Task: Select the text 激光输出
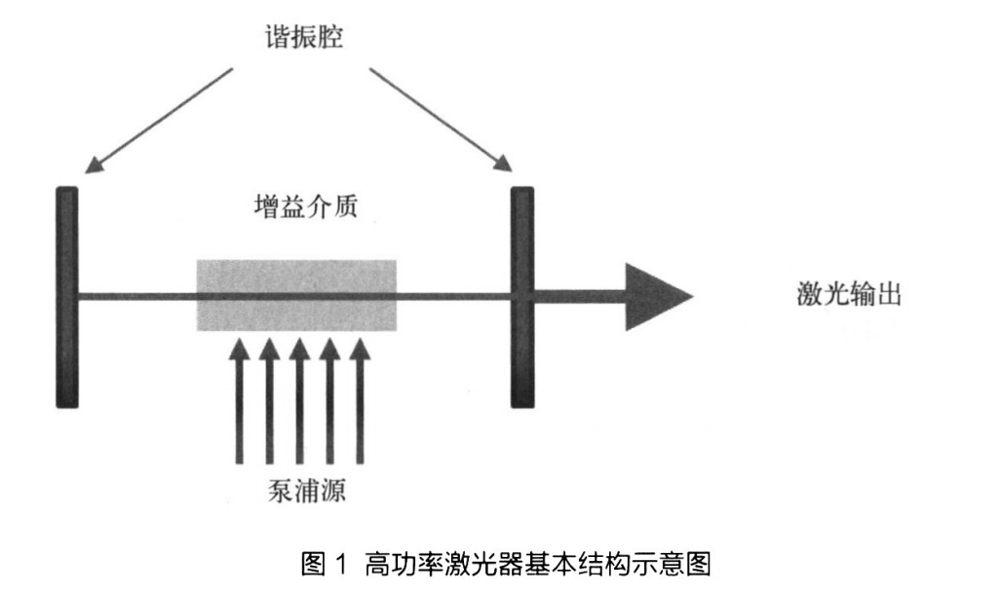point(849,294)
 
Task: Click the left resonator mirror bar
point(66,296)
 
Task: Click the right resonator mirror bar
point(522,296)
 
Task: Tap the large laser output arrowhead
point(657,296)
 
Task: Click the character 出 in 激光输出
point(889,294)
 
